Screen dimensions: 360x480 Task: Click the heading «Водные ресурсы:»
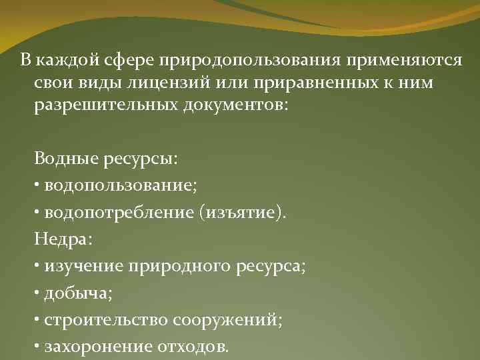click(x=106, y=160)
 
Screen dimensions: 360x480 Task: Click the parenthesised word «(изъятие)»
click(x=248, y=213)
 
